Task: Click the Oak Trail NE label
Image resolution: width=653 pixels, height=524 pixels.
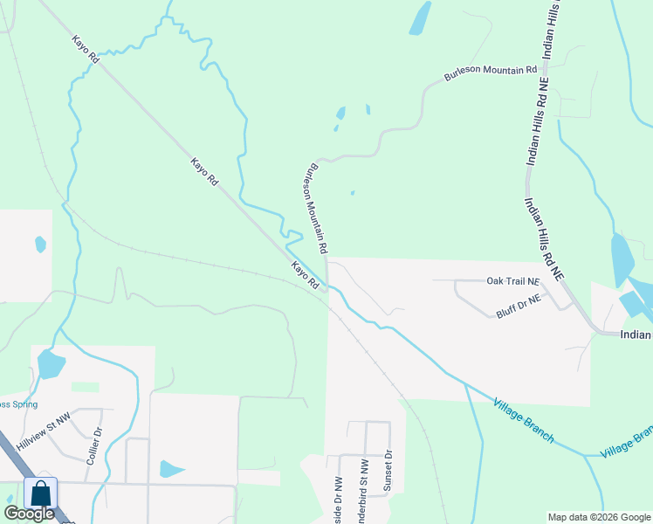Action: coord(513,281)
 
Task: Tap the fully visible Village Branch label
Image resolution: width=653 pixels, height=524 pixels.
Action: coord(523,419)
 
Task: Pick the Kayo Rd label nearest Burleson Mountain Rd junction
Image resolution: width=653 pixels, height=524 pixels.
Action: coord(304,275)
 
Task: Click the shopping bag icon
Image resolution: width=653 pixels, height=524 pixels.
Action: coord(41,493)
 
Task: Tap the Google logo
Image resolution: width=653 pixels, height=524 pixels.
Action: coord(29,514)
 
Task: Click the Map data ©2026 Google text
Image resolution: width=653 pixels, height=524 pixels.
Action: coord(598,517)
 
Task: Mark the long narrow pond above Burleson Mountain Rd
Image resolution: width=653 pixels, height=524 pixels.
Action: coord(421,17)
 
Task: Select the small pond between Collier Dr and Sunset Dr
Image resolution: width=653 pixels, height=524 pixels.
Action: coord(170,469)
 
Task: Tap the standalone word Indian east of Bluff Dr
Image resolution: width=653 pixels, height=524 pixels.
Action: coord(636,334)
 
